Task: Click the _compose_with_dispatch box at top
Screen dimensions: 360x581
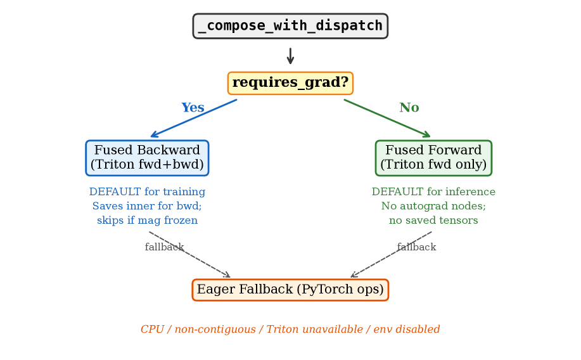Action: click(x=290, y=26)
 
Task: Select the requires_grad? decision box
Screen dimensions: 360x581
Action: click(x=290, y=83)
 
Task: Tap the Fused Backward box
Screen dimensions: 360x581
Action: click(x=147, y=158)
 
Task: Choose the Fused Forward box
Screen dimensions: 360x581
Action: click(x=433, y=158)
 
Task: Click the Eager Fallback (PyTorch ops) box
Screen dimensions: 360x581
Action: click(x=290, y=290)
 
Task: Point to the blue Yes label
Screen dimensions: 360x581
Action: click(x=193, y=108)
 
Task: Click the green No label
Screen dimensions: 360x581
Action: click(x=409, y=108)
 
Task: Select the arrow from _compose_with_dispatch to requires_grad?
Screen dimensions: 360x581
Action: click(x=290, y=56)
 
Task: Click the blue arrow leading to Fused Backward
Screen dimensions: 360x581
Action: click(x=194, y=118)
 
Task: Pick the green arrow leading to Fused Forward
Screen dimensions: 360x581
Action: click(x=387, y=118)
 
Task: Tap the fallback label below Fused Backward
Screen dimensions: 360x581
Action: click(x=164, y=247)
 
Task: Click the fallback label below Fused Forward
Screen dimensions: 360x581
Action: click(x=416, y=247)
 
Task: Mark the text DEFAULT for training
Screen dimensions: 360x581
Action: click(x=147, y=192)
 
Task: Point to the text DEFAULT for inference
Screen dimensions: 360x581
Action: click(x=433, y=192)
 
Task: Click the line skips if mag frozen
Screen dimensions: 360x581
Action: click(x=147, y=221)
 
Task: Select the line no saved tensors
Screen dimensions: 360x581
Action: click(x=433, y=221)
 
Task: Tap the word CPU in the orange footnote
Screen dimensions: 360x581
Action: click(x=152, y=330)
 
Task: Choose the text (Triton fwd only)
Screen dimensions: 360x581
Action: click(x=433, y=165)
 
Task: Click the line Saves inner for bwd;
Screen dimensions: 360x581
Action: click(x=147, y=206)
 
